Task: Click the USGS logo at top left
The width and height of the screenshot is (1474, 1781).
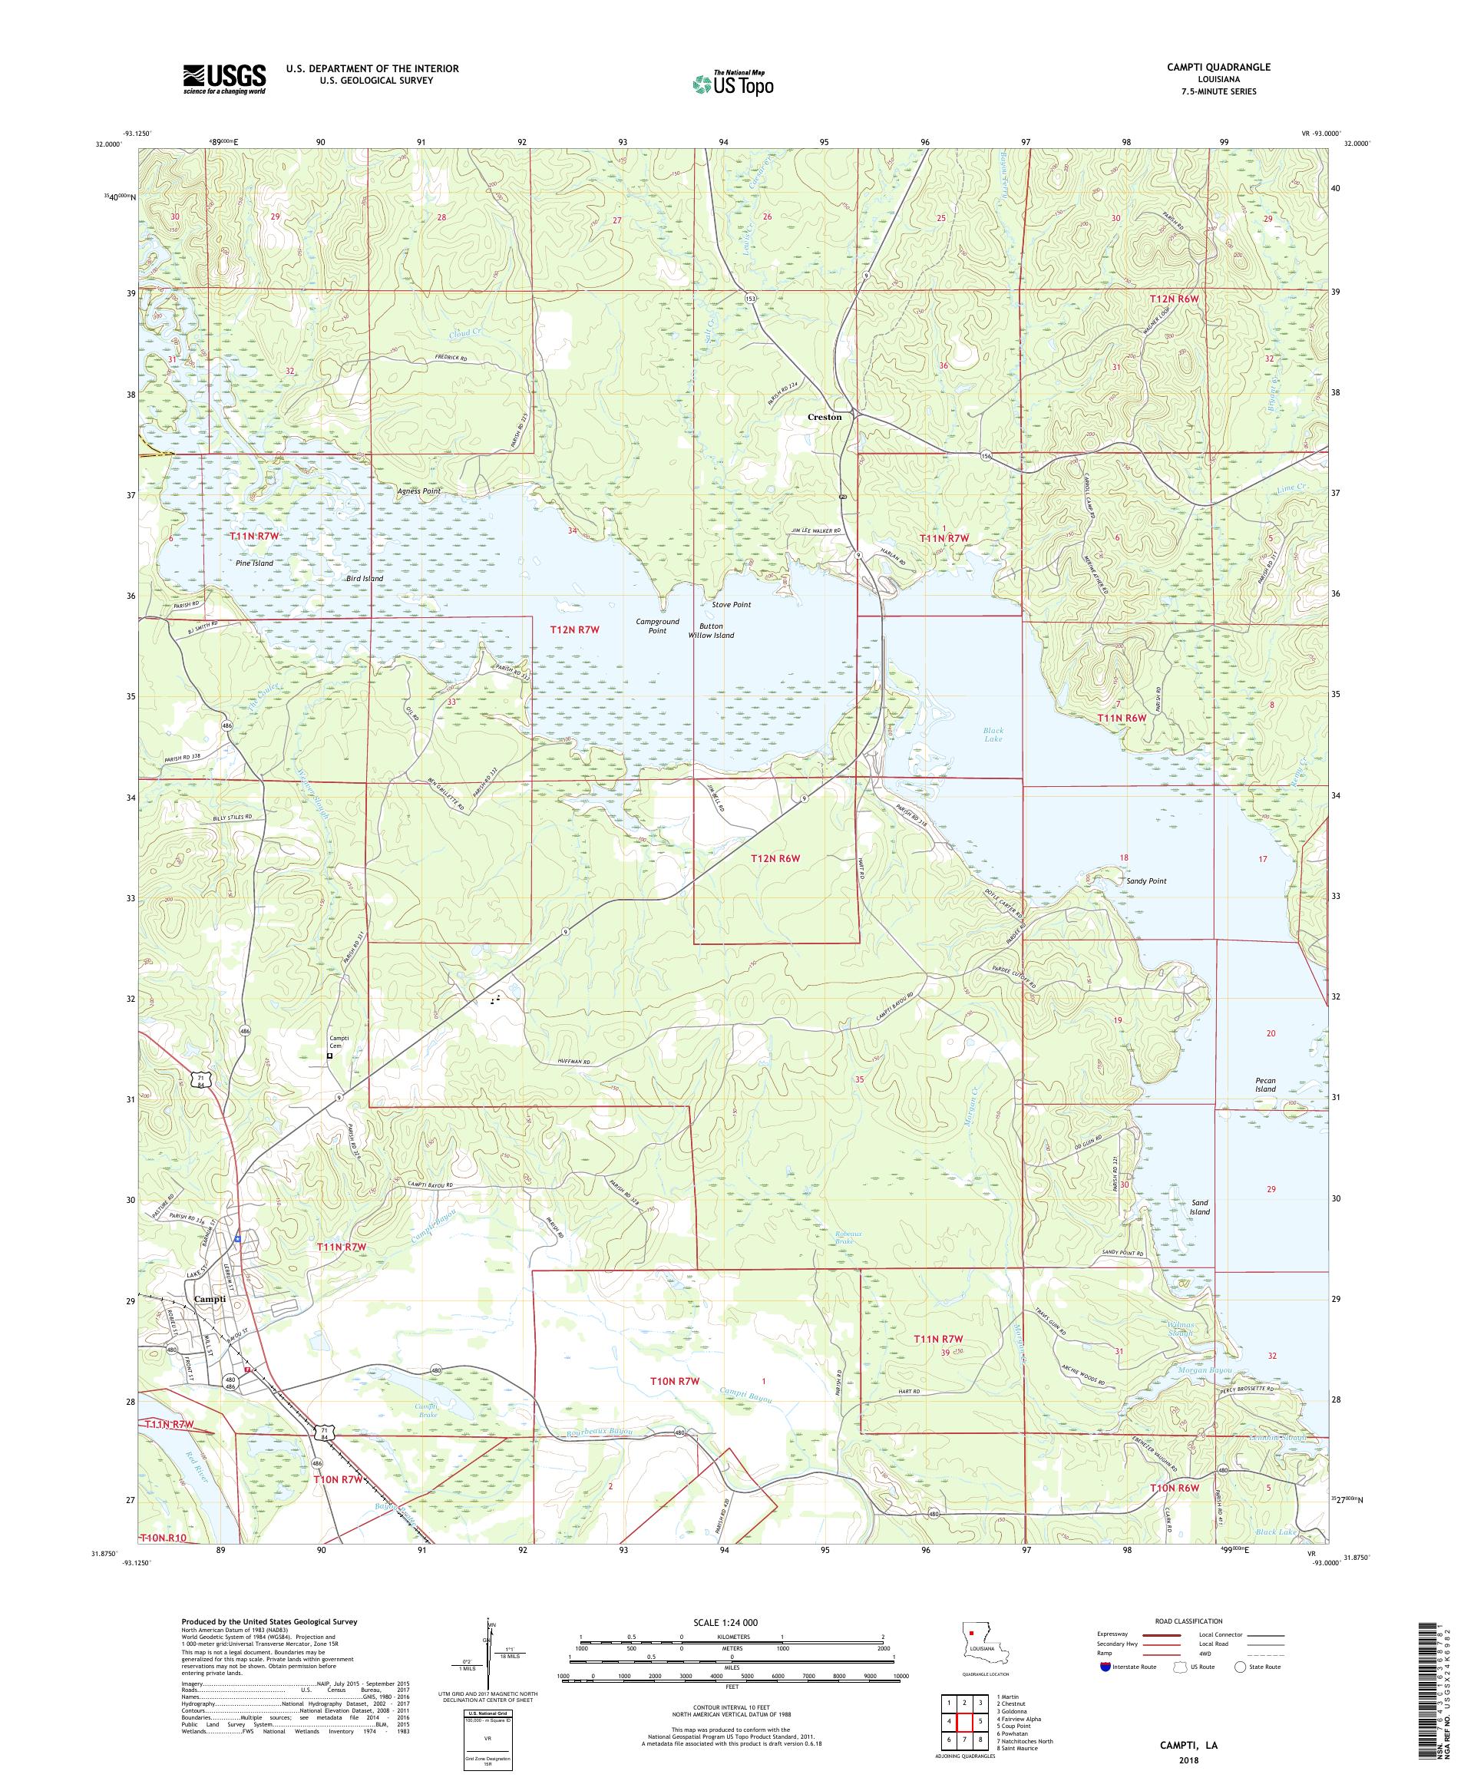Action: [x=224, y=80]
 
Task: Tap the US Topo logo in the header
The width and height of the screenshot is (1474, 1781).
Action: [x=732, y=82]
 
